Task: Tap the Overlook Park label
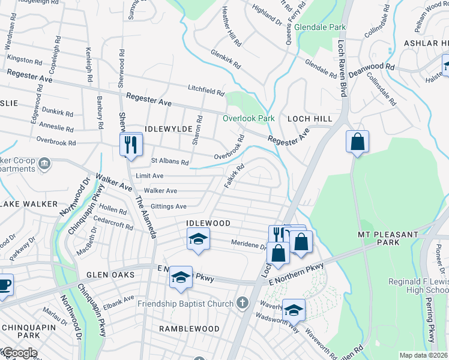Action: click(249, 118)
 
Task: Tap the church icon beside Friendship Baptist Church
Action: click(243, 303)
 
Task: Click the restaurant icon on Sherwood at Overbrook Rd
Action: click(130, 145)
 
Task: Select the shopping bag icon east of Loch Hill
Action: click(357, 142)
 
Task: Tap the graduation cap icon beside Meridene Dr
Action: click(198, 239)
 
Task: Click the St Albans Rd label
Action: click(170, 161)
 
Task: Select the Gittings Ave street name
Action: click(168, 206)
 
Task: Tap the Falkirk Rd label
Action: click(234, 176)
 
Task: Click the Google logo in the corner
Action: click(19, 353)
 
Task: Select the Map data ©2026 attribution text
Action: click(423, 355)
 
